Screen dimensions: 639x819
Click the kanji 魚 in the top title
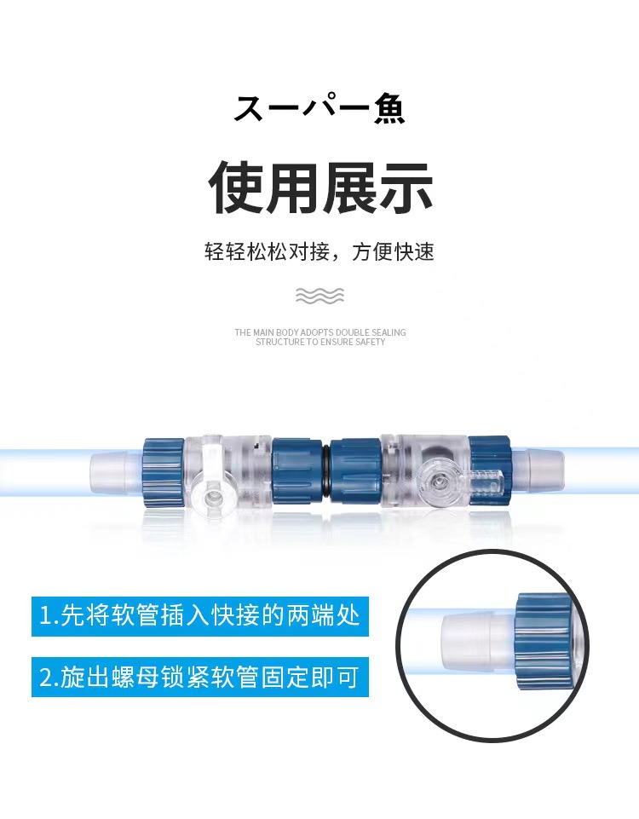[x=389, y=108]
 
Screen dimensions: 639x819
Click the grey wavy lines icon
[x=320, y=295]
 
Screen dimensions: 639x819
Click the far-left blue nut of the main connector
[x=164, y=473]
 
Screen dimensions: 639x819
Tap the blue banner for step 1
[x=200, y=616]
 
